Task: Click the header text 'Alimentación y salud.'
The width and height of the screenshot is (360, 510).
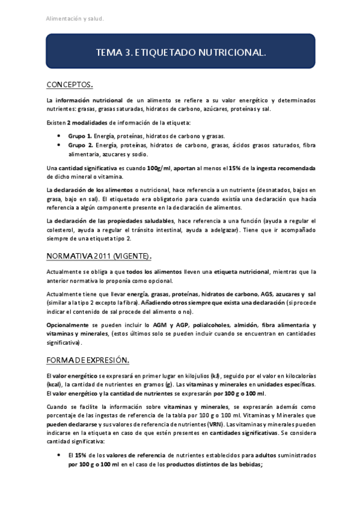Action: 75,19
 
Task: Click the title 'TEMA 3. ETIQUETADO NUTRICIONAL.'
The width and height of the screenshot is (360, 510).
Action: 180,53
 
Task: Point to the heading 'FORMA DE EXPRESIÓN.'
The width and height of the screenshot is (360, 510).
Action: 88,360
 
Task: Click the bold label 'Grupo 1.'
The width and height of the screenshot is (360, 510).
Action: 80,137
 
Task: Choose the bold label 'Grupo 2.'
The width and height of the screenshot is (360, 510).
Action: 80,146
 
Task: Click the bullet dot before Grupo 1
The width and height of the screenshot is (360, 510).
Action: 59,137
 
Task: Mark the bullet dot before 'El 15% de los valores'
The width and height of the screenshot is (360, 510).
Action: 59,455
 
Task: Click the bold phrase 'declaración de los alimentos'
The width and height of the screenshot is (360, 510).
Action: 95,190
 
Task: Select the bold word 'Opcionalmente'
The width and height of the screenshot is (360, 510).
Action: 67,325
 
